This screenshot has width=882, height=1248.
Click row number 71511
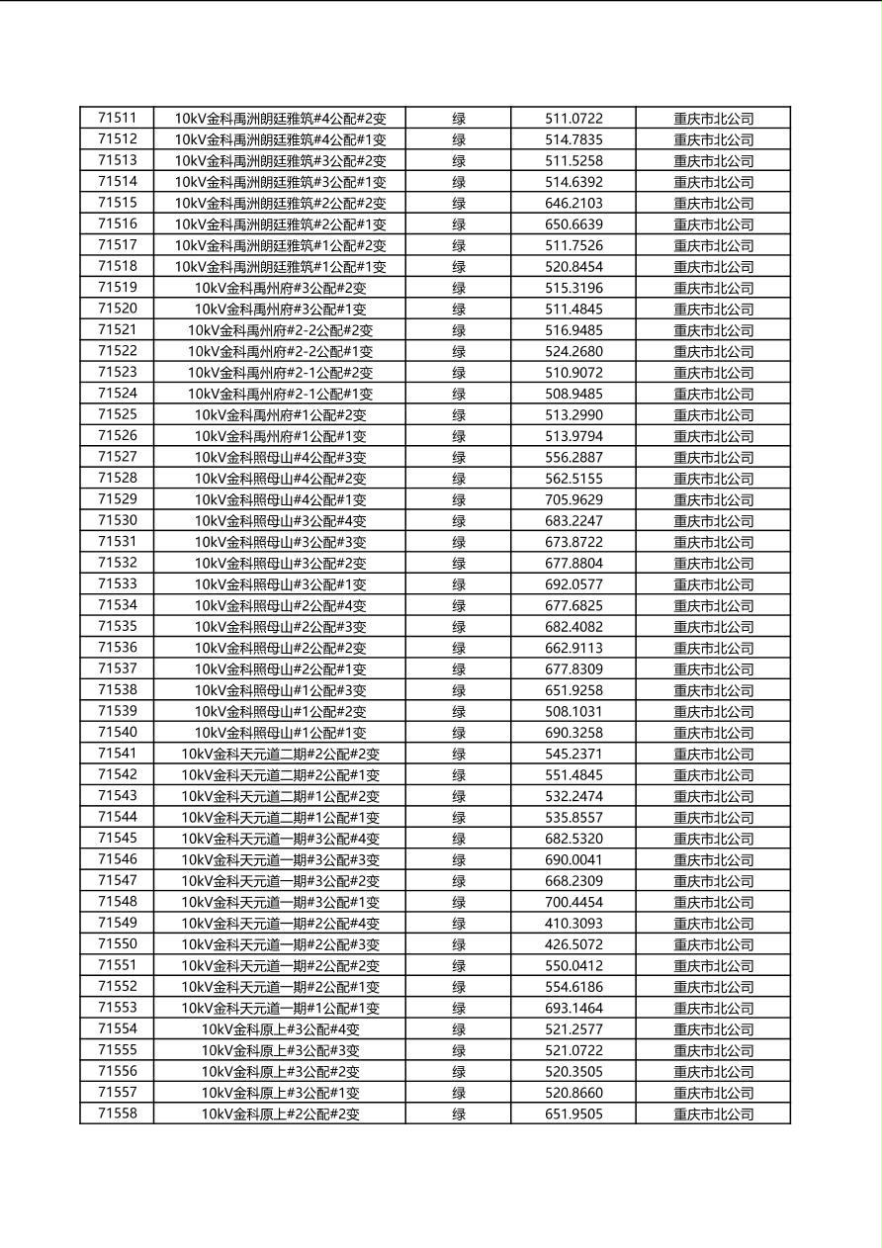tap(118, 118)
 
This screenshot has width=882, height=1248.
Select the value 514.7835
tap(573, 139)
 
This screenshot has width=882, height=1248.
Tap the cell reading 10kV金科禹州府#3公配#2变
tap(280, 288)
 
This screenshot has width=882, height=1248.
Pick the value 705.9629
tap(573, 499)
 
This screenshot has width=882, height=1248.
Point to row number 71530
tap(118, 520)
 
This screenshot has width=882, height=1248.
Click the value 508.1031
tap(573, 711)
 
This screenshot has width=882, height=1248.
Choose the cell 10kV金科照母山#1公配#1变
tap(280, 733)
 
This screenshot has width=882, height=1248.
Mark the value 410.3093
tap(573, 923)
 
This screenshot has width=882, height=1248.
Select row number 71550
tap(118, 944)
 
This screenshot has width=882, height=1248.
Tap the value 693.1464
tap(573, 1008)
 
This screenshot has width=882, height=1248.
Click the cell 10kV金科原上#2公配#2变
tap(280, 1114)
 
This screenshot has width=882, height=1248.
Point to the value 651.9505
tap(573, 1114)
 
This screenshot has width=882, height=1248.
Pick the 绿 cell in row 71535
tap(459, 627)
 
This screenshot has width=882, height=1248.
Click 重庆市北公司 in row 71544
tap(713, 818)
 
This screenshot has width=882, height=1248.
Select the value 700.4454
tap(573, 902)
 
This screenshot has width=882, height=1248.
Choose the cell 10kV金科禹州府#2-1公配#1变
tap(280, 394)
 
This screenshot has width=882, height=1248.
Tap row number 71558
tap(118, 1114)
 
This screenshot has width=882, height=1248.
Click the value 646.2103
tap(573, 203)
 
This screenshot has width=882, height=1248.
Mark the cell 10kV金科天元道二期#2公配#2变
tap(280, 754)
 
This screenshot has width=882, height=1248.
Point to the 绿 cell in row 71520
tap(459, 309)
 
